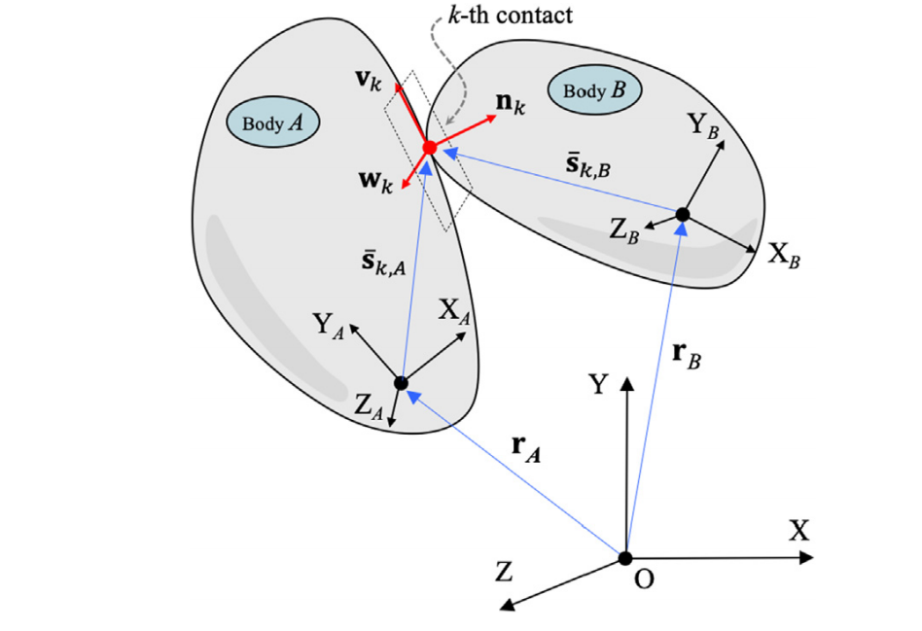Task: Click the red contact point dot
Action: (430, 148)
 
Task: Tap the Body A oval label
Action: (273, 122)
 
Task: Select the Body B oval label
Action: (594, 89)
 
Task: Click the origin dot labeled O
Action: (625, 557)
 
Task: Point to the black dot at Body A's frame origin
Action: (401, 383)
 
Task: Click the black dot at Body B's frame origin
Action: (682, 215)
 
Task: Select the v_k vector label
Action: (369, 81)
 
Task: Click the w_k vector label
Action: (375, 181)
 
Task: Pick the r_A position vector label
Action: (526, 448)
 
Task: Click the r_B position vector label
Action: (687, 354)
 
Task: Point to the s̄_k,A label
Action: (384, 263)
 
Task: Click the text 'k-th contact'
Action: (510, 16)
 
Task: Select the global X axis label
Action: (799, 531)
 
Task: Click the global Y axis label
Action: (598, 385)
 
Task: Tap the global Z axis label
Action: (504, 572)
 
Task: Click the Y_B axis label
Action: (704, 125)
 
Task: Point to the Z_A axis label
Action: (369, 406)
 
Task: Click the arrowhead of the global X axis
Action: (807, 557)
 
